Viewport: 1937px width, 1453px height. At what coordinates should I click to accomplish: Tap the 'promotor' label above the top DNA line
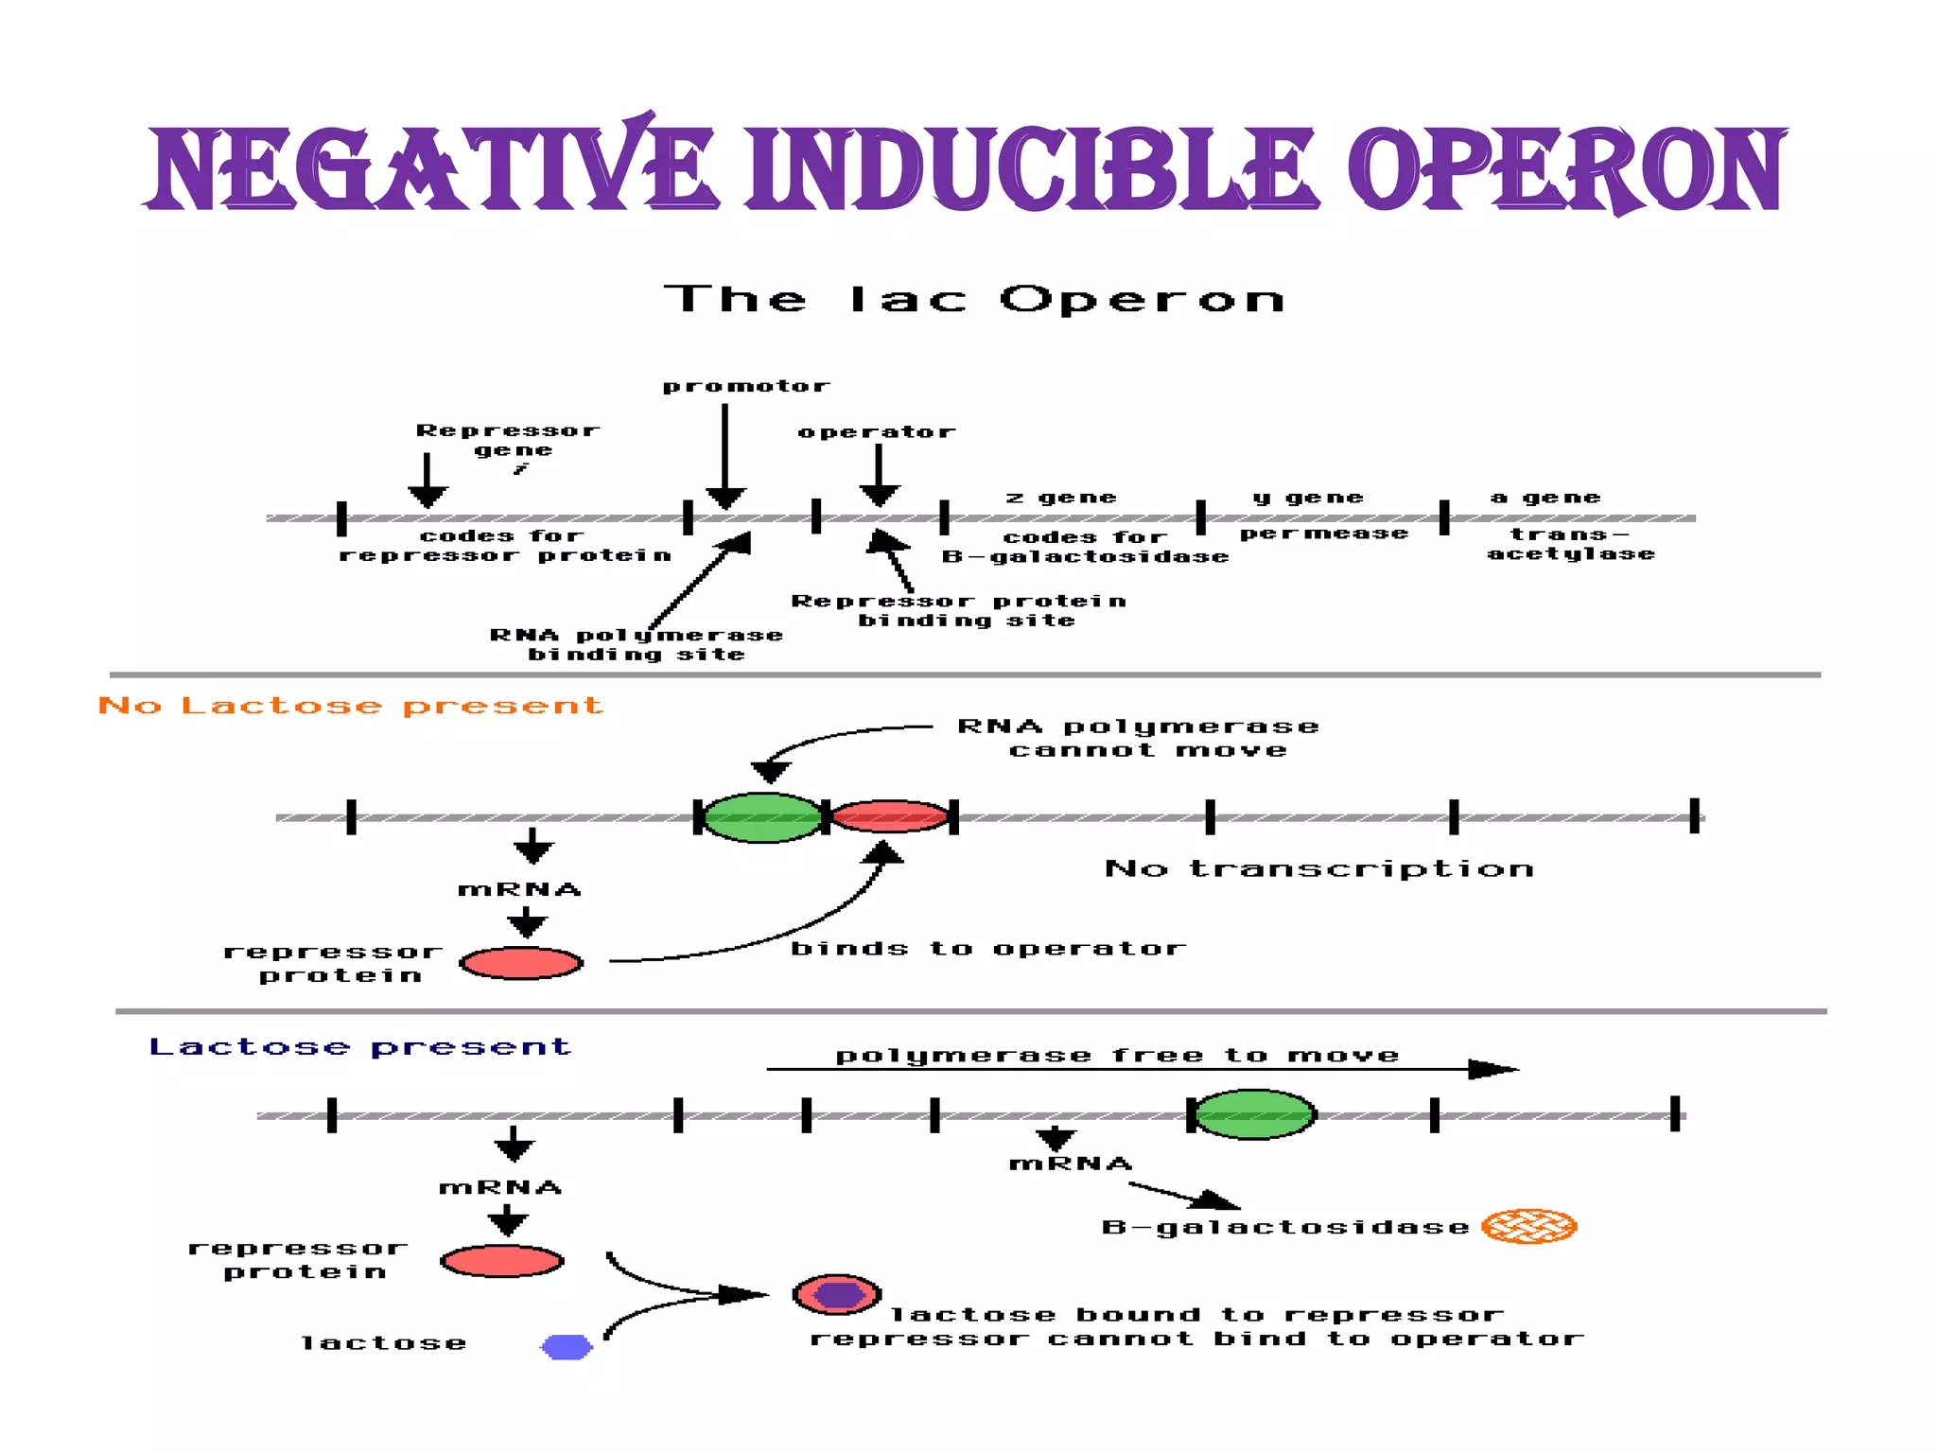(x=745, y=386)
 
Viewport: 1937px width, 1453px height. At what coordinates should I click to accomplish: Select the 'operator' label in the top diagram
(x=876, y=432)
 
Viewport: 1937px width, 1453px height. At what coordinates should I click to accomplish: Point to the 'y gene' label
(x=1308, y=498)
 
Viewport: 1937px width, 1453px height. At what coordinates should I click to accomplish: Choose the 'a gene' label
(x=1545, y=498)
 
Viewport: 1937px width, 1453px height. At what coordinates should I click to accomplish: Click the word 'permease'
(x=1324, y=534)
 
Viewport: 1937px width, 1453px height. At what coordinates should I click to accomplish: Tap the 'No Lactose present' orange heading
(x=350, y=706)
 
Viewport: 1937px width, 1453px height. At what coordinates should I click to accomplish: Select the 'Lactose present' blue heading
(x=359, y=1047)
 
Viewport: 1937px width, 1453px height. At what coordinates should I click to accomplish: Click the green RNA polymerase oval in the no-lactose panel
(x=762, y=817)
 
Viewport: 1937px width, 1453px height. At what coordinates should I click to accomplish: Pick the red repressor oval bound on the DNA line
(x=889, y=816)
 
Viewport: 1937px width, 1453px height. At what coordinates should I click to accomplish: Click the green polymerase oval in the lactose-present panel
(x=1254, y=1114)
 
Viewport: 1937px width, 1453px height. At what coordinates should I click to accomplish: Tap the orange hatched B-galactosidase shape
(x=1528, y=1226)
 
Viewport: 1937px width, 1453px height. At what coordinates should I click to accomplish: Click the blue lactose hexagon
(x=567, y=1347)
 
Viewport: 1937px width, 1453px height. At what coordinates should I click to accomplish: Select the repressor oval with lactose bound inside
(x=837, y=1295)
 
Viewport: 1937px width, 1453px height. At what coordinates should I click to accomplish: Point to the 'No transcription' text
(x=1318, y=868)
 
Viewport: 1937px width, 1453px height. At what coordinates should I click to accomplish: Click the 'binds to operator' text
(x=987, y=949)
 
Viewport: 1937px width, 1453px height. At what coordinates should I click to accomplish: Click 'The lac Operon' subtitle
(x=974, y=300)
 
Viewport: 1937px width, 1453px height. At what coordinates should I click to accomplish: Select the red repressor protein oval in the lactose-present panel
(x=502, y=1261)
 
